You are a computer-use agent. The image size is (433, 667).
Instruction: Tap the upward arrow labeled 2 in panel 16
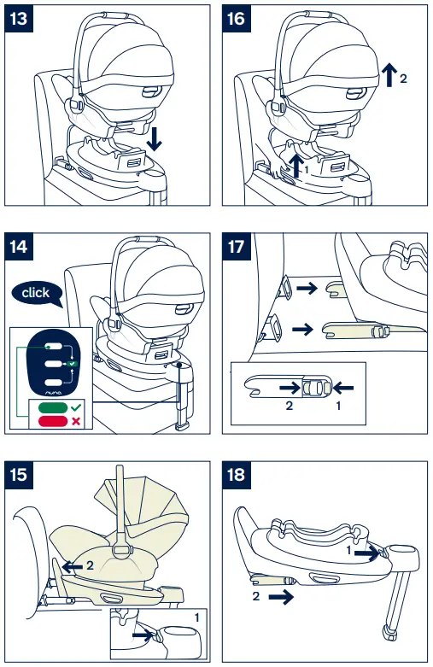[x=389, y=75]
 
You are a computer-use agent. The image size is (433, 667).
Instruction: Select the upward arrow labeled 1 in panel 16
[x=297, y=162]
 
